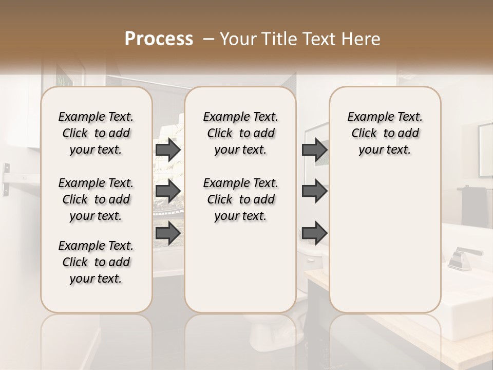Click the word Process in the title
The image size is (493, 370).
(159, 39)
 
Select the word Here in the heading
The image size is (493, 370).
(363, 39)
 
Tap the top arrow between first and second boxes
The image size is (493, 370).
(168, 150)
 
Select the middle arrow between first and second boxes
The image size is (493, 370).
(168, 191)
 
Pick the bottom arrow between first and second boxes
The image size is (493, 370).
(168, 233)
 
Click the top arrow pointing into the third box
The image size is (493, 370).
(314, 150)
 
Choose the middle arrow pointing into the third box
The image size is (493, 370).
(314, 191)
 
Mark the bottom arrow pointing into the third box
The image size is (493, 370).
(314, 233)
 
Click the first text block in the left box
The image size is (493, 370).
(96, 133)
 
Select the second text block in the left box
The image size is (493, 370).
(96, 199)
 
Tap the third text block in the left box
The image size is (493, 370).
(96, 262)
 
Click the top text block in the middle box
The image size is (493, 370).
(240, 133)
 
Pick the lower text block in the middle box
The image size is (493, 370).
(240, 199)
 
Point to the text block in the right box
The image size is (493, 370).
(385, 133)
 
